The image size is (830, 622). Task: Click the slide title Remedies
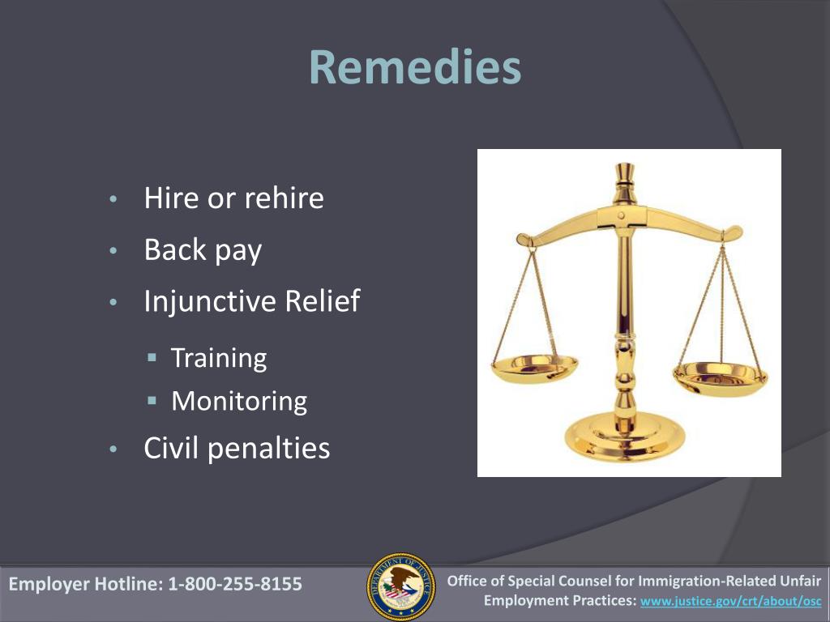(415, 66)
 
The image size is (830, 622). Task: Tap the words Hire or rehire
(233, 198)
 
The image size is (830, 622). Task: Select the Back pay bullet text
(203, 250)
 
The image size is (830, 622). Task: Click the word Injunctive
(210, 302)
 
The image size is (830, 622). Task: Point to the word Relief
(323, 300)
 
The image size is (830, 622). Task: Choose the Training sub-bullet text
(219, 358)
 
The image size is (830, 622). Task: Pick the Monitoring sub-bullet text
(239, 402)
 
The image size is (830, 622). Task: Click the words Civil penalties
(237, 449)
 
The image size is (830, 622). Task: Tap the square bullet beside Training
(152, 357)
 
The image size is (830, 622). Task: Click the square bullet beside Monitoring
(152, 401)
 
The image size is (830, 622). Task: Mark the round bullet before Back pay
(113, 251)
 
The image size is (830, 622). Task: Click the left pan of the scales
(534, 369)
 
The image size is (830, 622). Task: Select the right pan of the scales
(720, 379)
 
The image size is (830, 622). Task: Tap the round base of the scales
(625, 437)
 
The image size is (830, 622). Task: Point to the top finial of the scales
(625, 177)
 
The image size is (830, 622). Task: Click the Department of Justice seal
(401, 586)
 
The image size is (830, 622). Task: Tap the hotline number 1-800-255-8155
(235, 584)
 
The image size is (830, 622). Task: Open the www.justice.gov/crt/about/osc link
(731, 602)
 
